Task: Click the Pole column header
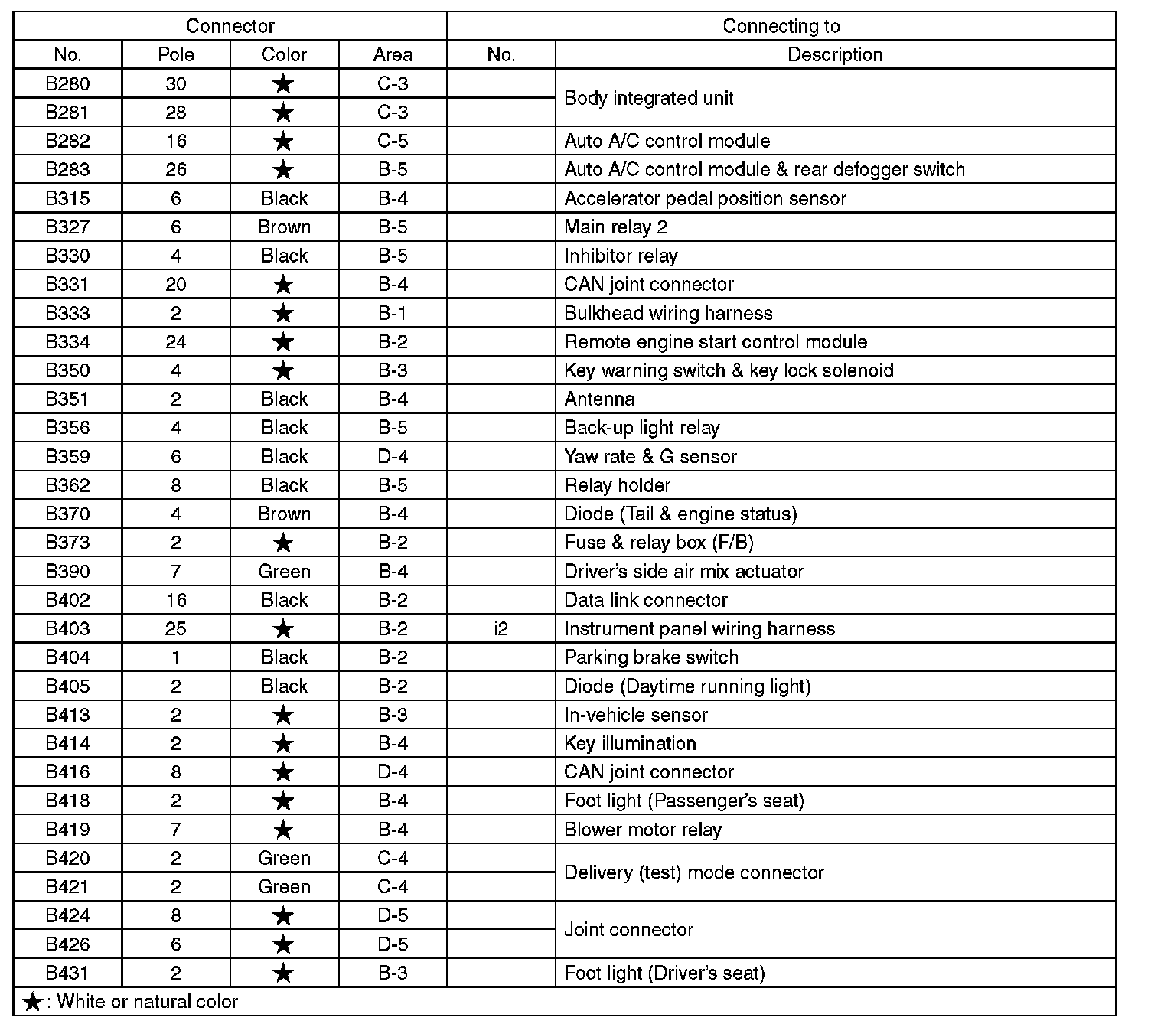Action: pos(176,54)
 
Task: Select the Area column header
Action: pos(393,54)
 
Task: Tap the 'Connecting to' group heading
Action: pos(781,26)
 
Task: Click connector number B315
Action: pos(67,198)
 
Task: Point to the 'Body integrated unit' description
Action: pos(648,98)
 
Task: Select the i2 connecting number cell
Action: pos(501,628)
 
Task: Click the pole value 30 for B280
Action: pos(176,83)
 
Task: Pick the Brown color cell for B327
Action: pos(284,227)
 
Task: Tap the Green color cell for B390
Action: pos(284,571)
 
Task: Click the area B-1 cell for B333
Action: pos(393,313)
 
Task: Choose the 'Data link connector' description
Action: pos(645,600)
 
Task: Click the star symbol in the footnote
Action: pos(32,1002)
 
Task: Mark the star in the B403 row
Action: pos(283,629)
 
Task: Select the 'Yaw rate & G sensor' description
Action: pos(650,457)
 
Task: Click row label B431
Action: pos(67,973)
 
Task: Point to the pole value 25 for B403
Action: pos(176,628)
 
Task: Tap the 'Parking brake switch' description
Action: pos(651,657)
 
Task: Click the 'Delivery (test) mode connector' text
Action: pos(693,872)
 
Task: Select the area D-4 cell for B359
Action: pos(393,457)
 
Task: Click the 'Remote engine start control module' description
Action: pos(716,342)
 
